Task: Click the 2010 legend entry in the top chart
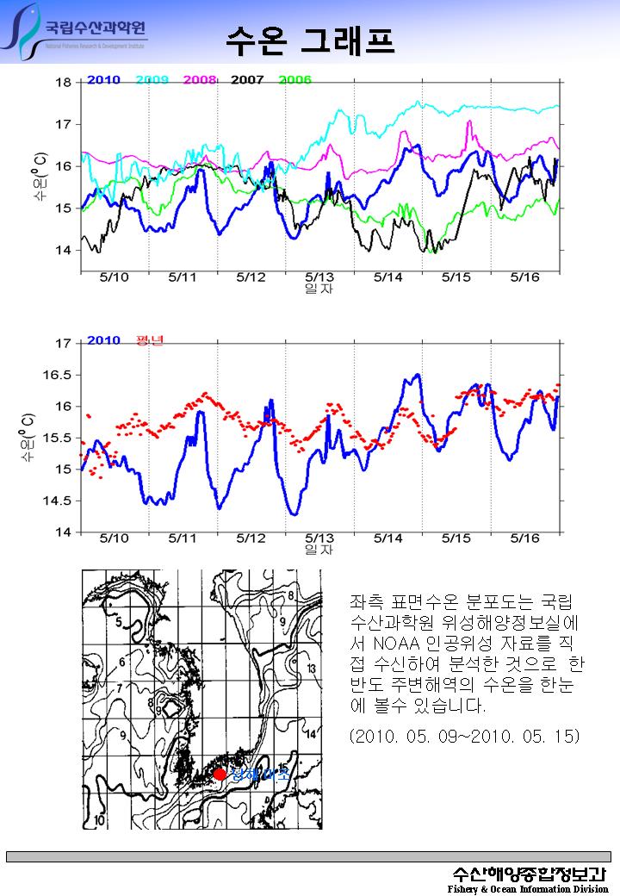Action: click(x=102, y=80)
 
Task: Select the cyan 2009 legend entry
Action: click(x=152, y=80)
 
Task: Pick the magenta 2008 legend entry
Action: click(x=200, y=80)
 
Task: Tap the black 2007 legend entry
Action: click(x=247, y=80)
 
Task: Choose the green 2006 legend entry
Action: click(x=294, y=80)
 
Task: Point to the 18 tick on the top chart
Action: click(x=64, y=83)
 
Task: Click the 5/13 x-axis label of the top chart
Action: click(x=319, y=277)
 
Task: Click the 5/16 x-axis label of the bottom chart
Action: click(x=524, y=538)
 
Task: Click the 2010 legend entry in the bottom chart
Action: click(x=103, y=340)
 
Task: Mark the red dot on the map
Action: click(x=220, y=774)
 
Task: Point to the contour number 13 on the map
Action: click(x=311, y=669)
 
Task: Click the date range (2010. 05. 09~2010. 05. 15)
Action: click(x=465, y=737)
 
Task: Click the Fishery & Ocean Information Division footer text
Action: click(x=527, y=888)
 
